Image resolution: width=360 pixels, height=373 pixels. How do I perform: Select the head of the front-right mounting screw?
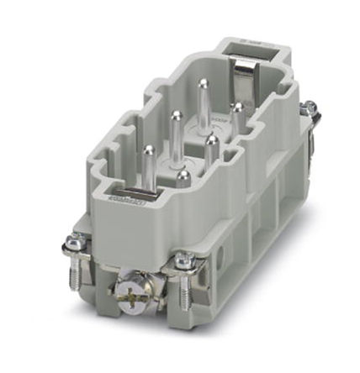(181, 263)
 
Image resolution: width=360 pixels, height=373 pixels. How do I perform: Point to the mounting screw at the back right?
(310, 108)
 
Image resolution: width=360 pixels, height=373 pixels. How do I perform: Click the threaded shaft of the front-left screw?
(78, 271)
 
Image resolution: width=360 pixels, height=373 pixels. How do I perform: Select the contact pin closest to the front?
(183, 177)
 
